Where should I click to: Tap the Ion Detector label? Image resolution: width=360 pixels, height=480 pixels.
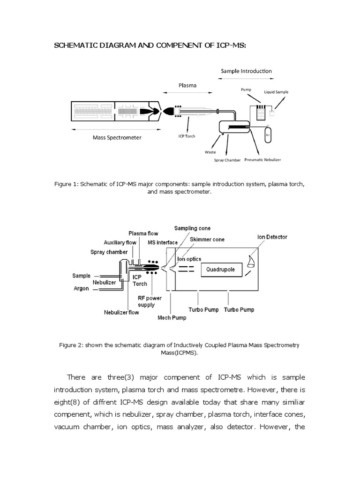[272, 237]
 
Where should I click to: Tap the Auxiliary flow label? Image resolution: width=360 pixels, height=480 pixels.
[106, 242]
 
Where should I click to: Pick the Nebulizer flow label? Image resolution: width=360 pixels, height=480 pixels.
[121, 312]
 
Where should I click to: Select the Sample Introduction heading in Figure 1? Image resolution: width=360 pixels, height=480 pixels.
[246, 71]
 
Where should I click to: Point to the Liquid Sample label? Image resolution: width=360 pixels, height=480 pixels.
[276, 92]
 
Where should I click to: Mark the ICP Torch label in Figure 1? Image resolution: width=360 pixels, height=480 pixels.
[187, 136]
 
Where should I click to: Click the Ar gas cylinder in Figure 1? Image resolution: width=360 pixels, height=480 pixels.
[268, 134]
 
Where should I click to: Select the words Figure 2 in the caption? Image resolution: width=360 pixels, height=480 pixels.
[71, 345]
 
